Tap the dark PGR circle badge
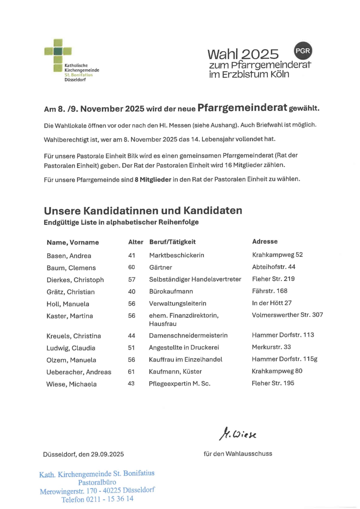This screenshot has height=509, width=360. coord(303,51)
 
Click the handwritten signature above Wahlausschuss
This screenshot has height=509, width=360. coord(238,434)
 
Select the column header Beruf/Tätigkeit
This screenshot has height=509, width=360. coord(172,242)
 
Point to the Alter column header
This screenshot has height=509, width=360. coord(136,242)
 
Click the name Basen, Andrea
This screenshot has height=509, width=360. coord(69,256)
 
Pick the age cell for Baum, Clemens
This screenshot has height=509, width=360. coord(131,267)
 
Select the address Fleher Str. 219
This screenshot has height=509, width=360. coord(273,279)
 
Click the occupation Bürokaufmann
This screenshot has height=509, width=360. coord(171,291)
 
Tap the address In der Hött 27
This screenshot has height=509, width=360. coord(271,303)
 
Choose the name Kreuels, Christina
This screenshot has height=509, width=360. coord(73,336)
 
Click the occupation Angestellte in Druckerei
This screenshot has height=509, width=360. coord(184,347)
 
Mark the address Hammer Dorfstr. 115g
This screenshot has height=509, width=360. coord(284,359)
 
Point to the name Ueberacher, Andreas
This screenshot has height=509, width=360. coord(79,372)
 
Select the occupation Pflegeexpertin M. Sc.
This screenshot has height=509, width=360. coord(179,384)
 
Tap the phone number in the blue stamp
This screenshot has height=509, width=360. coord(109,499)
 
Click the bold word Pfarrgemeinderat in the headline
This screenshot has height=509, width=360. coord(242,108)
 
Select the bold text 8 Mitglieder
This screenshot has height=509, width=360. coord(153,180)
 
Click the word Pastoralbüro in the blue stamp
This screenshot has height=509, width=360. coord(97,482)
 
